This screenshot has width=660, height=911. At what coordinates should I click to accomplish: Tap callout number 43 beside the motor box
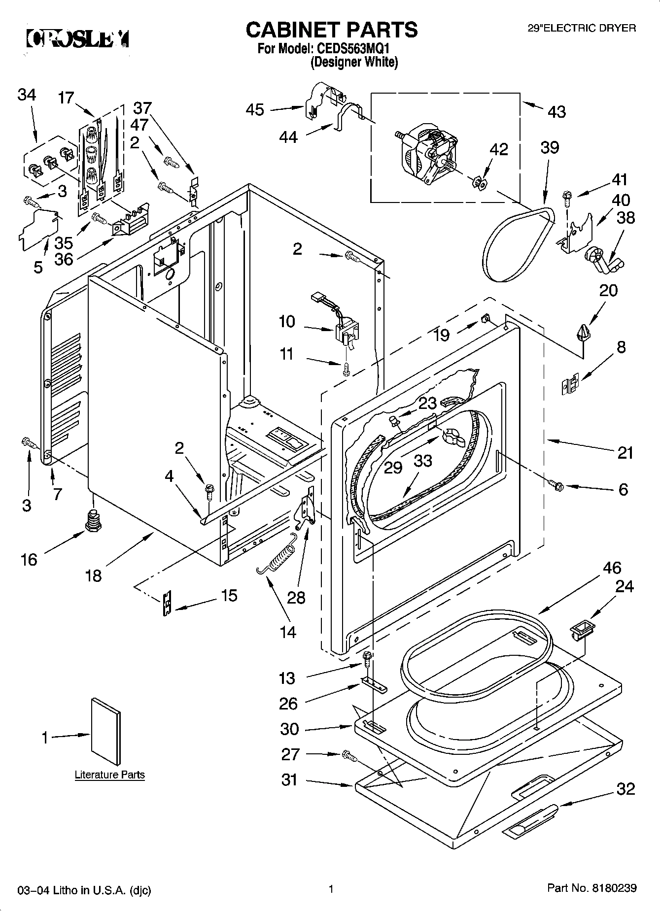pos(556,112)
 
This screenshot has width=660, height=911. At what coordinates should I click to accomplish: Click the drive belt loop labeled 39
pos(518,244)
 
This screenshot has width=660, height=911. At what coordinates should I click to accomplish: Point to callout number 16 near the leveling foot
pos(29,559)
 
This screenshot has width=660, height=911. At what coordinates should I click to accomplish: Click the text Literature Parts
pos(109,775)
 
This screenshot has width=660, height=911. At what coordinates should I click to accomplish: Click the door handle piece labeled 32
pos(529,820)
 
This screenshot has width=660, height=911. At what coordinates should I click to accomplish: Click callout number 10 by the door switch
pos(286,322)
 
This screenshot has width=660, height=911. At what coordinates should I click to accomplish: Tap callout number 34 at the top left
pos(27,95)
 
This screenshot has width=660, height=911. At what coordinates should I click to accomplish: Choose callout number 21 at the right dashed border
pos(625,452)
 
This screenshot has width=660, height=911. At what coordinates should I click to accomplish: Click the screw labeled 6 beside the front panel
pos(557,485)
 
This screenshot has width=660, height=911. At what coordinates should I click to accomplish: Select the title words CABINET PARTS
pos(331,30)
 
